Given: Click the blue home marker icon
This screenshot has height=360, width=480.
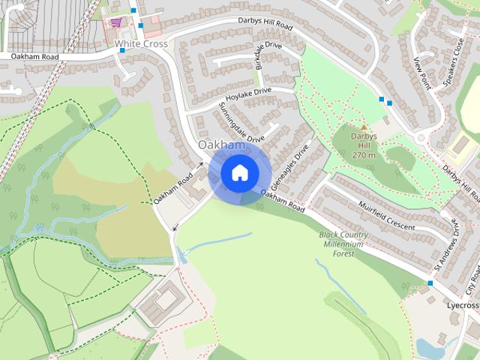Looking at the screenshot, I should (239, 172).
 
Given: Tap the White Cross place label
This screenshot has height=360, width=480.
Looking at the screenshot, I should (141, 44).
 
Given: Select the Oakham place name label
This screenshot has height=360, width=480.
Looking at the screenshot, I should (221, 144).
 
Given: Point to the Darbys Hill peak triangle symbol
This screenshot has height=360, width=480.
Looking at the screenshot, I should (364, 127).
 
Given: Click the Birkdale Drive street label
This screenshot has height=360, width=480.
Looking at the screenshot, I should (268, 57).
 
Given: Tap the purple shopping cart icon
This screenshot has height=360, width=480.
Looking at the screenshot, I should (115, 22).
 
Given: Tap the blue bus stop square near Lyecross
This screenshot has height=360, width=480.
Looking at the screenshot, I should (430, 283).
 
